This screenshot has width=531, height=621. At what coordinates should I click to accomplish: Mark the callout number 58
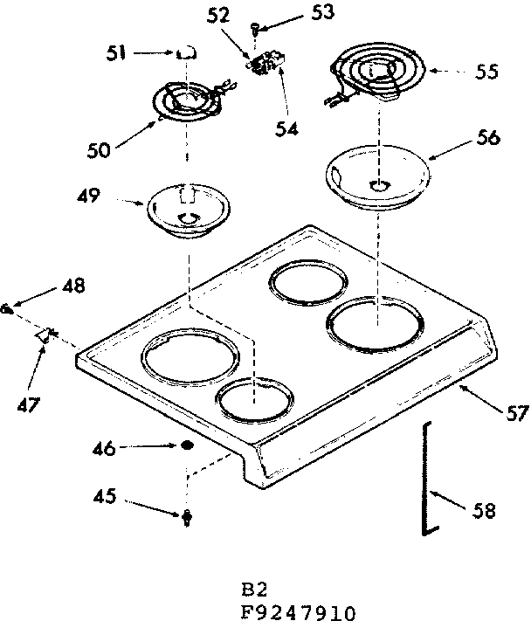click(483, 510)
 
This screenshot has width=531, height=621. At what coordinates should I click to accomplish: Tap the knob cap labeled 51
click(185, 54)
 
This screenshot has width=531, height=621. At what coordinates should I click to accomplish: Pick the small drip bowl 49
click(184, 210)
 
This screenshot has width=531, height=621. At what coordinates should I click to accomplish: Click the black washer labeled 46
click(186, 447)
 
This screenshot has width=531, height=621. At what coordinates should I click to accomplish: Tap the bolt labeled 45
click(186, 518)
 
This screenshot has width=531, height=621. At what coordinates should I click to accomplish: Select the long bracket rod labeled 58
click(425, 478)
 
